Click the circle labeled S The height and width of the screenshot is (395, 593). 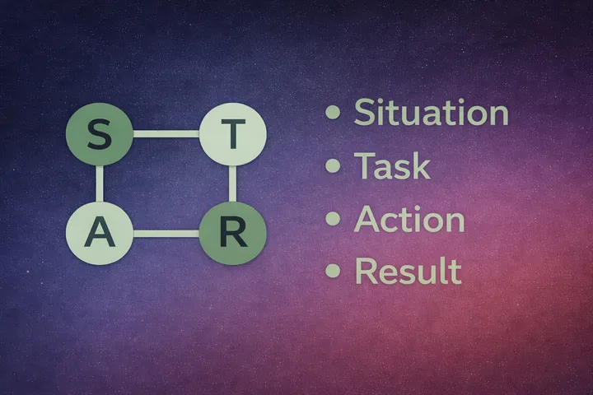click(99, 135)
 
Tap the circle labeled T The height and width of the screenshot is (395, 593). click(233, 135)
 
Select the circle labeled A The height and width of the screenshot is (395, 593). click(99, 233)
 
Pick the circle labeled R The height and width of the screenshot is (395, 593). click(233, 233)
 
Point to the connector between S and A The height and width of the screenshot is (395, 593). click(99, 184)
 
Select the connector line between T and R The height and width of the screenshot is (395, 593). click(233, 184)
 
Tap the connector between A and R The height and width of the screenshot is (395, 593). click(166, 233)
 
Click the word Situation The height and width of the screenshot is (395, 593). click(431, 113)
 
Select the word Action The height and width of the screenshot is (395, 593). click(409, 219)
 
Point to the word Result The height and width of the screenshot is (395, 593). click(408, 271)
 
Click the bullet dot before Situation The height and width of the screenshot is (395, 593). click(333, 113)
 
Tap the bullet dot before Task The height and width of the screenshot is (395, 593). click(333, 165)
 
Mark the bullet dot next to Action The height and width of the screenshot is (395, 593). click(333, 218)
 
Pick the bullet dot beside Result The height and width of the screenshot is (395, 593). click(333, 271)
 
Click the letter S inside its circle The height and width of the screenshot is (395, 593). click(99, 135)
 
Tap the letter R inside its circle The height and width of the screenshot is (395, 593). click(233, 234)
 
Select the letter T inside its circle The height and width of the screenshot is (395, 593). click(233, 135)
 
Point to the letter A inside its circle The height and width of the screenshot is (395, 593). click(99, 234)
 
